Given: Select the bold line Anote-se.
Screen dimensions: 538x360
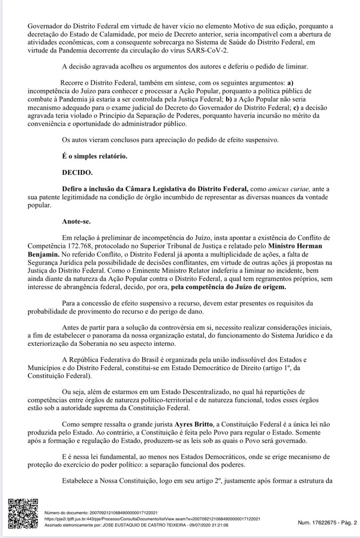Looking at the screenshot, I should coord(76,221).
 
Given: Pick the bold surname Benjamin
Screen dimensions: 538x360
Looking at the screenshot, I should coord(42,254).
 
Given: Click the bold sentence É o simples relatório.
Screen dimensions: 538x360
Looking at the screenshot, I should coord(94,156).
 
